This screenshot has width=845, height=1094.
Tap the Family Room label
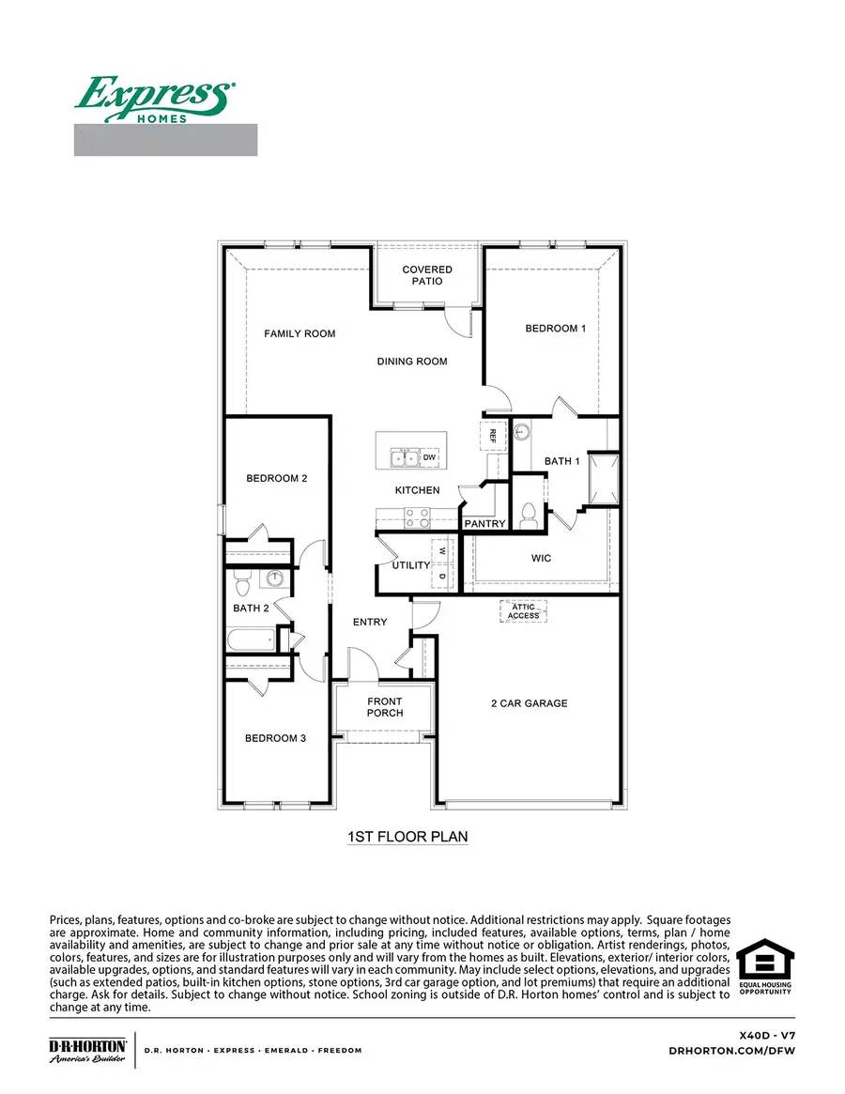(x=300, y=333)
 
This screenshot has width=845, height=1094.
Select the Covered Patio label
(x=427, y=275)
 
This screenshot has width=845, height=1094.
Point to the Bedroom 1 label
(x=555, y=329)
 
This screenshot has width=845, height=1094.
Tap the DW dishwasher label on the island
(x=430, y=457)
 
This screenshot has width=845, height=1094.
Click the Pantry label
(x=485, y=523)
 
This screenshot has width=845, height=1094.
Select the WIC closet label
(x=541, y=559)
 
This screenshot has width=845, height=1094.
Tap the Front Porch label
(x=385, y=707)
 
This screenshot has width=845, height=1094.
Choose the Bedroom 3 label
(x=275, y=738)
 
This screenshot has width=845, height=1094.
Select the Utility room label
(x=410, y=565)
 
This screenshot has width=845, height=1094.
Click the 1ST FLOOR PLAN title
(x=407, y=836)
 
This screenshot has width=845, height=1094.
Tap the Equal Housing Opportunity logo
(x=764, y=968)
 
